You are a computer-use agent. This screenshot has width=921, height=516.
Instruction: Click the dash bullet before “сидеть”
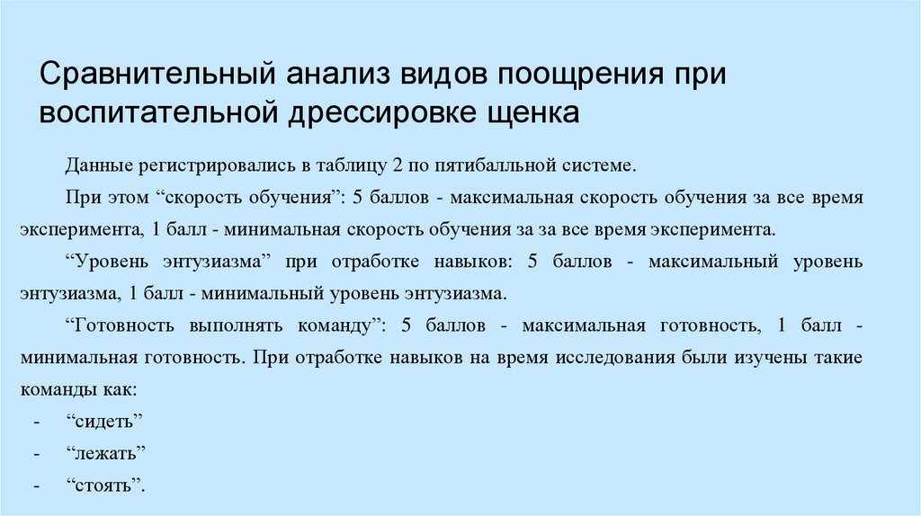(x=36, y=422)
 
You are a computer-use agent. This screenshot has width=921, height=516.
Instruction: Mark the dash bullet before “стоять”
(x=36, y=485)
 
